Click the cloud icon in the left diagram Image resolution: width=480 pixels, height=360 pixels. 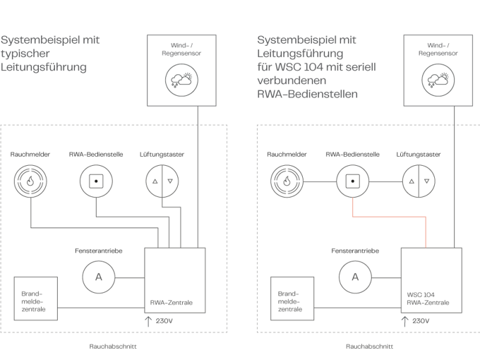[181, 80]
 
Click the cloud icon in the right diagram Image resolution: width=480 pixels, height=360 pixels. [438, 80]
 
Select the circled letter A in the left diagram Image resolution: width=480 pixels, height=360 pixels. [98, 277]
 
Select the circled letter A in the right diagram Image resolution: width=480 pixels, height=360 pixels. [355, 277]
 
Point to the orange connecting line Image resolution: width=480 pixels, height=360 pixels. [389, 216]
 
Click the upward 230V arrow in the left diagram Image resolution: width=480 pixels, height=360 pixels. [148, 321]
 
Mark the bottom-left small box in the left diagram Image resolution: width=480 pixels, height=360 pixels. [35, 298]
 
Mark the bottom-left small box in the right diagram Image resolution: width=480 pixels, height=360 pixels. [292, 298]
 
